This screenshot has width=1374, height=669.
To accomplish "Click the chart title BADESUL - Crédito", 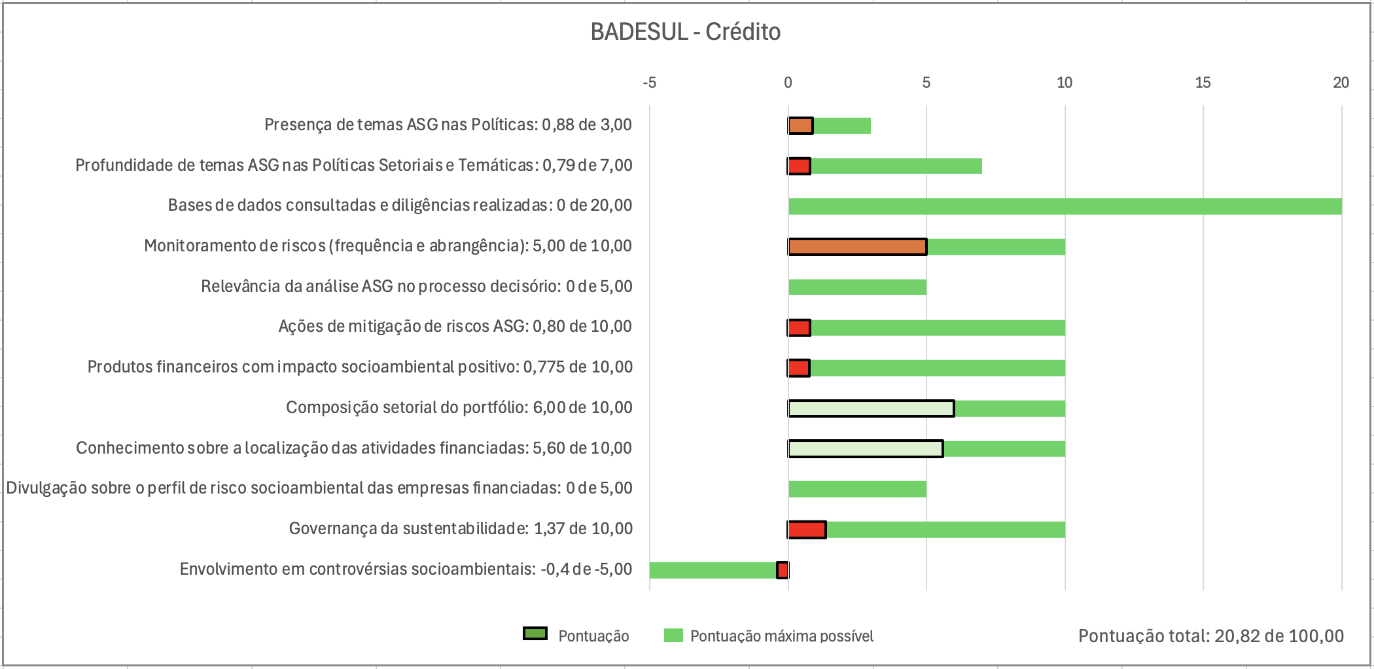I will coord(685,32).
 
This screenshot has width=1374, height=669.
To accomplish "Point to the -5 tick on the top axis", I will coord(649,82).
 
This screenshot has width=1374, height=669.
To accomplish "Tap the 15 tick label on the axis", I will coord(1203,82).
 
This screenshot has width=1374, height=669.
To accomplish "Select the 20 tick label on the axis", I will coord(1341,82).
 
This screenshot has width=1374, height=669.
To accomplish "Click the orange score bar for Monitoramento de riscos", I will coord(857,247).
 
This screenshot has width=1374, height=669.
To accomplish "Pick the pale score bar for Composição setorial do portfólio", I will coord(871,408).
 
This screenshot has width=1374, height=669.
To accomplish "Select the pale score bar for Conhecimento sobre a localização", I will coord(866,449).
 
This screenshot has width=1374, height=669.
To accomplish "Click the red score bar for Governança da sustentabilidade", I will coord(807,530).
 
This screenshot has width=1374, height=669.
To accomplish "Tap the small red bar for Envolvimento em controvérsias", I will coord(783,570).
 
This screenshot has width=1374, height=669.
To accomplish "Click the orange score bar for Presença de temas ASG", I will coord(800,126).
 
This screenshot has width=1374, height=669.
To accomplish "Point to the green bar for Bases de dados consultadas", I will coord(1065,206).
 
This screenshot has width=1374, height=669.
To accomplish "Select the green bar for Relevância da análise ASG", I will coord(857,287).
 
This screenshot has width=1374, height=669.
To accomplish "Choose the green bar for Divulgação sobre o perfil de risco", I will coord(857,489).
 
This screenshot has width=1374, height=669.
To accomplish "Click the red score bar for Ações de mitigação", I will coord(799,328).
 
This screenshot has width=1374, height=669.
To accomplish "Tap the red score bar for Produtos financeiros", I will coord(799,369).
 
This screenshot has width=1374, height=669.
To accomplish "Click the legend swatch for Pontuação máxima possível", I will coord(673,636).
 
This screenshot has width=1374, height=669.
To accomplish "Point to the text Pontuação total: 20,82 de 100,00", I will coord(1210,636).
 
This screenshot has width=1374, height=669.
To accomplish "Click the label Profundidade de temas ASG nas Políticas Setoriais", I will coord(353,166).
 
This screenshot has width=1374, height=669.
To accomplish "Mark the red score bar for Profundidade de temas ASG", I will coord(799,166).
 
